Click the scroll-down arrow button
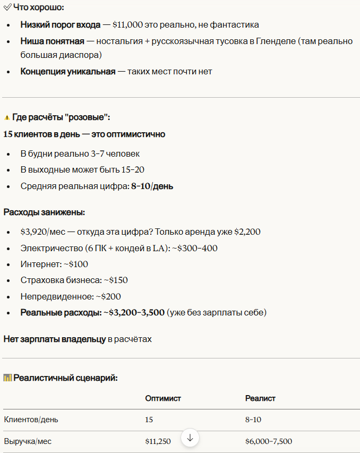[190, 438]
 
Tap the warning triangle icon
[7, 117]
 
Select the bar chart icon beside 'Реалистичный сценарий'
[7, 378]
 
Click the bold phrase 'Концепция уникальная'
[68, 71]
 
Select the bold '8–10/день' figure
[152, 186]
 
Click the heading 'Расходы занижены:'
[44, 212]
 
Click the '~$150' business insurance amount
[115, 280]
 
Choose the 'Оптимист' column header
[163, 398]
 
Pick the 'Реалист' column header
[260, 398]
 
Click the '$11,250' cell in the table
[158, 441]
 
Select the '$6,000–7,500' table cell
[268, 441]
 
